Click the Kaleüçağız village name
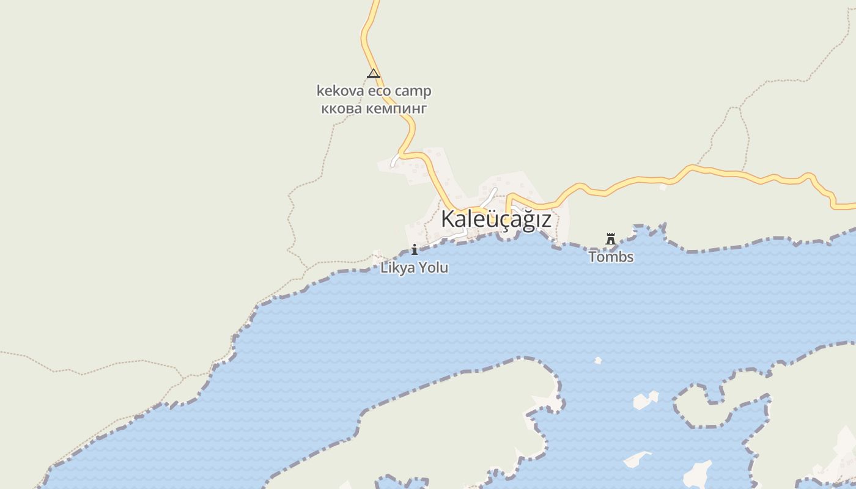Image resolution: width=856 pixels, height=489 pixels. pos(496,219)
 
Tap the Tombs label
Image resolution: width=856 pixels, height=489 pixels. pos(611,257)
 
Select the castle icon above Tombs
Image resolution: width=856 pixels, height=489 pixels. pos(610,238)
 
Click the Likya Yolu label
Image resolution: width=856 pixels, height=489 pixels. pos(414,268)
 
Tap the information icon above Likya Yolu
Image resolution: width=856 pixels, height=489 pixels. pos(415,249)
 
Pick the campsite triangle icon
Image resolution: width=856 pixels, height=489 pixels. pos(373,74)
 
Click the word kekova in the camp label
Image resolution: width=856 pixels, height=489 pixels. pos(337,91)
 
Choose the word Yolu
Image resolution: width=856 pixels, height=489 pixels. pos(433,268)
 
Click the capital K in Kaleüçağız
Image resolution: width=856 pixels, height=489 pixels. pos(448,219)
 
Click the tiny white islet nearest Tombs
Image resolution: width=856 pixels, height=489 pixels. pos(598,361)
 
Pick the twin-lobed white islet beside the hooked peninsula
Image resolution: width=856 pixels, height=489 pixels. pos(645,400)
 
